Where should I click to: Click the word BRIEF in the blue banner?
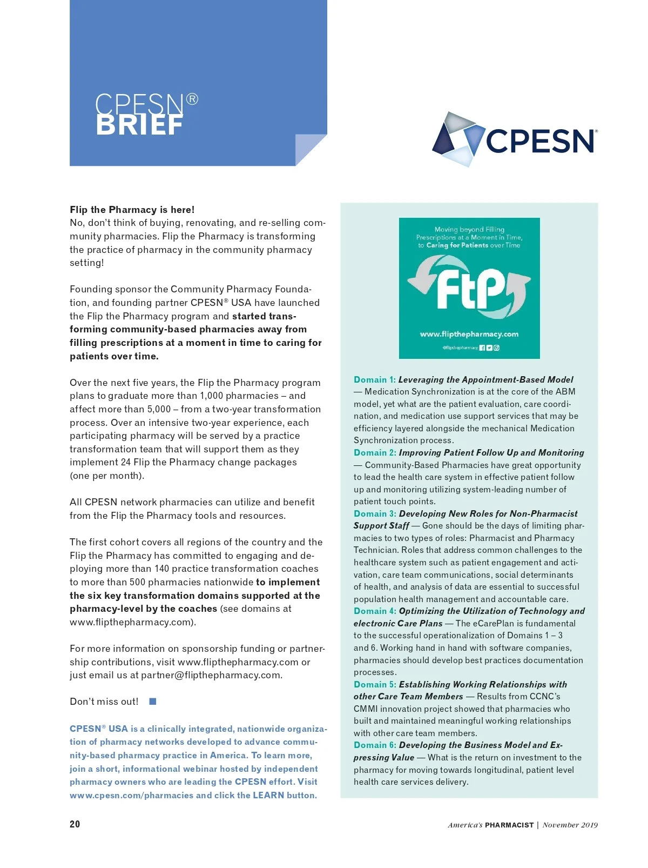tap(139, 125)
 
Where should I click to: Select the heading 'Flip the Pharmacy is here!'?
tap(132, 210)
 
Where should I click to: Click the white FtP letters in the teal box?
tap(469, 290)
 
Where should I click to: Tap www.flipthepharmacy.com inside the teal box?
tap(469, 334)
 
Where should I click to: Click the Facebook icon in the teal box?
tap(482, 348)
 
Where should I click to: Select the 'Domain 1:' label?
tap(375, 379)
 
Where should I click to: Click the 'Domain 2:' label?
tap(375, 452)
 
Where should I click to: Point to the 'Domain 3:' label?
tap(375, 513)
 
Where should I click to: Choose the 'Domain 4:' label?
tap(375, 611)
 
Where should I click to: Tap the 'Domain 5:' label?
tap(375, 684)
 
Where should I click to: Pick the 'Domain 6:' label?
tap(375, 745)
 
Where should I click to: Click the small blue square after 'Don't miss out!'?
tap(153, 702)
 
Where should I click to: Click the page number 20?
tap(75, 824)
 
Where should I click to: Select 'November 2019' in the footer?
tap(570, 825)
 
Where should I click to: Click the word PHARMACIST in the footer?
tap(509, 825)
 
